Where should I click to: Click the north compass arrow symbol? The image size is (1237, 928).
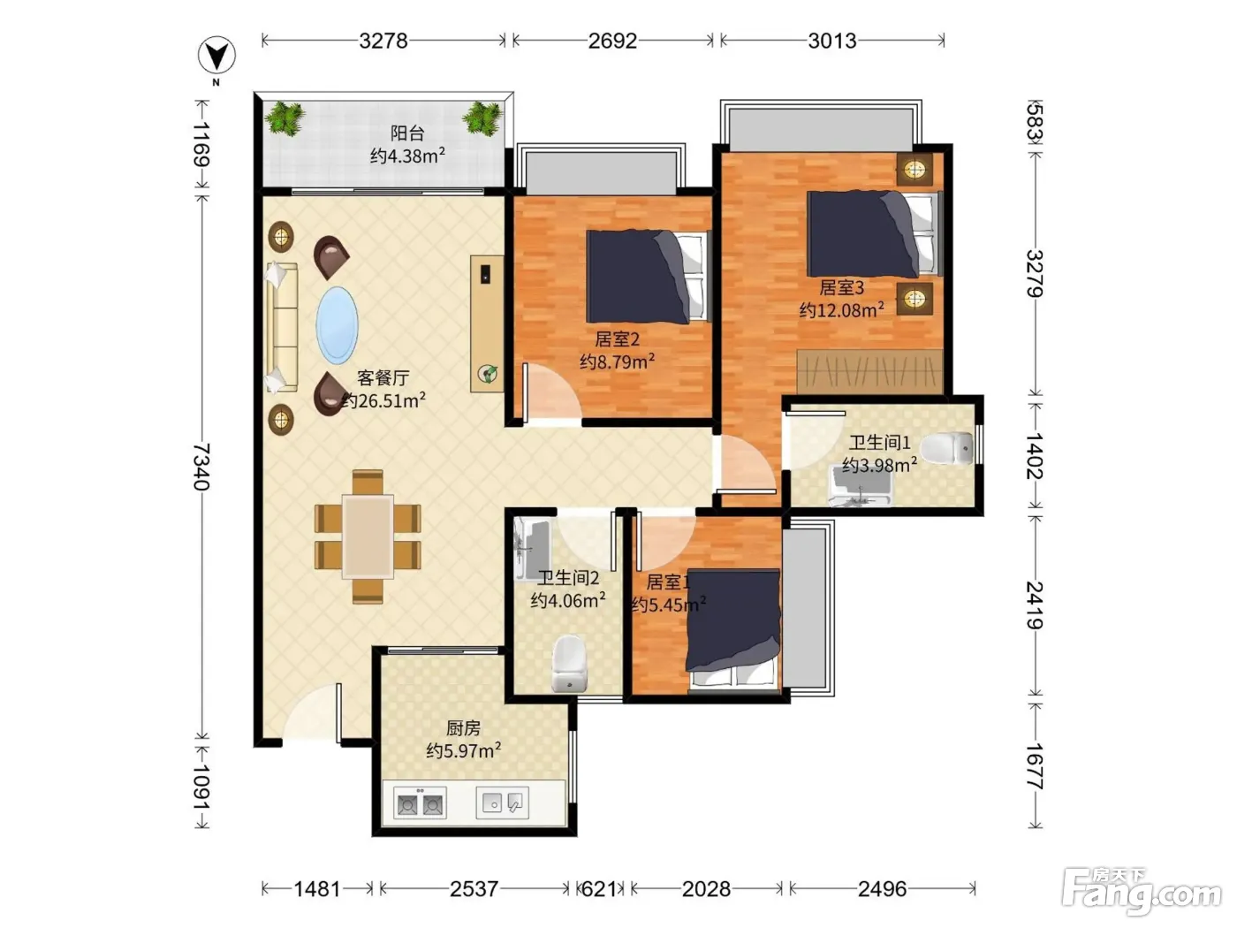[x=216, y=55]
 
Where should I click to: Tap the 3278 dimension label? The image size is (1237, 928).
[x=383, y=41]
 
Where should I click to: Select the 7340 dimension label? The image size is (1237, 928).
[x=201, y=467]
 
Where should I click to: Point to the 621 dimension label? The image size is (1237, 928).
[x=598, y=889]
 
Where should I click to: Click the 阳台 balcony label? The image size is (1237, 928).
[x=407, y=133]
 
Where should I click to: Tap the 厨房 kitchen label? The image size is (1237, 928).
[x=463, y=728]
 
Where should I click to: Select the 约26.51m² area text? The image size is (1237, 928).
[x=383, y=400]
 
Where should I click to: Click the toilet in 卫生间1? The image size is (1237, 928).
[x=947, y=448]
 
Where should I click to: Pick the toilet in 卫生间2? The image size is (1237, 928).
[x=569, y=663]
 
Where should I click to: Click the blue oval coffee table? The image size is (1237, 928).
[x=337, y=325]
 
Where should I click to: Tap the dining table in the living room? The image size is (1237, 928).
[x=368, y=536]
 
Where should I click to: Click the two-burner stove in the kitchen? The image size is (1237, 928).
[x=420, y=803]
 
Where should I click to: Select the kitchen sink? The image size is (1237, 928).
[x=503, y=802]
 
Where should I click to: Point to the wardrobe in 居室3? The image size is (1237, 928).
[x=870, y=371]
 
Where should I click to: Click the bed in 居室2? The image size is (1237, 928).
[x=648, y=276]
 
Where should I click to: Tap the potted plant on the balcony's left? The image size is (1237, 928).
[x=285, y=118]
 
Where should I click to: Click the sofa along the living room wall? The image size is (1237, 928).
[x=282, y=327]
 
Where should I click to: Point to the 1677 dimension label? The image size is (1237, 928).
[x=1035, y=765]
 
